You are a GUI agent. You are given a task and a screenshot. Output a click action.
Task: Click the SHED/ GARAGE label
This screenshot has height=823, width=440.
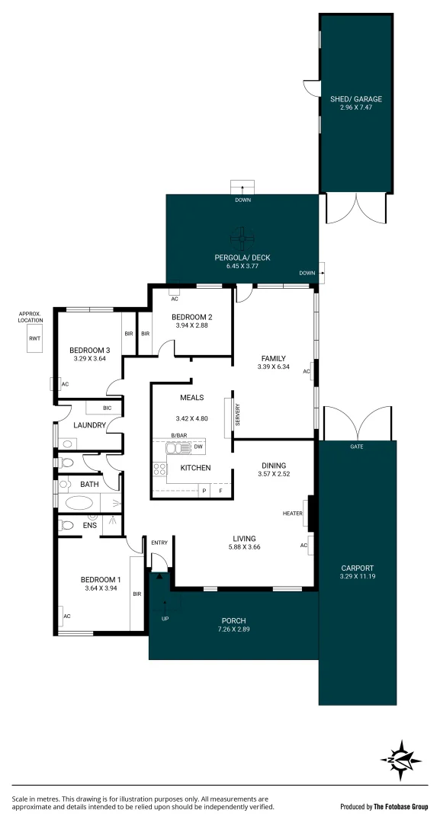[x=356, y=99]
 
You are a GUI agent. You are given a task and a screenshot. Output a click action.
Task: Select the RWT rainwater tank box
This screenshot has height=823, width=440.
[x=35, y=338]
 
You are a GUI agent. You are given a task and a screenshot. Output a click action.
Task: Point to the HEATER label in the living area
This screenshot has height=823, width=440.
[x=293, y=514]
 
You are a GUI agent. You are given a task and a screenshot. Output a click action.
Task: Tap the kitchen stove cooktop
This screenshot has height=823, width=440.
[x=160, y=469]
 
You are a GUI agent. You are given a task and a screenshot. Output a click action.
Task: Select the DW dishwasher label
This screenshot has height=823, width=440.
[x=197, y=447]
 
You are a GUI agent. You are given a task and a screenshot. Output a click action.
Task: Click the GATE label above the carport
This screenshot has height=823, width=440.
[x=356, y=447]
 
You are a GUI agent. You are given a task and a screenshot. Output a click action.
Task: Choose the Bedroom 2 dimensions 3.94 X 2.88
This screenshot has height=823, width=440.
[x=191, y=325]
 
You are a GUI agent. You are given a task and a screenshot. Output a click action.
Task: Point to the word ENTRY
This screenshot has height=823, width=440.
[x=159, y=543]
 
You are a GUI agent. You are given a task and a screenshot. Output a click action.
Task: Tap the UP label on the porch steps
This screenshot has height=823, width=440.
[x=165, y=618]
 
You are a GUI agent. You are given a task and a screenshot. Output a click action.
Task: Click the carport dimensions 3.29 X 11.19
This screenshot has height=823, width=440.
[x=357, y=577]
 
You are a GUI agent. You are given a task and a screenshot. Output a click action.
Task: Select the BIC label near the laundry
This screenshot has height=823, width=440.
[x=107, y=408]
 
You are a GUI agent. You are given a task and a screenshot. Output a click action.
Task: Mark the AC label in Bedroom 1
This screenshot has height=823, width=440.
[x=67, y=616]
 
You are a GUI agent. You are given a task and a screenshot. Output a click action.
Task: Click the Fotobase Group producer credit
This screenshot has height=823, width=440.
[x=384, y=806]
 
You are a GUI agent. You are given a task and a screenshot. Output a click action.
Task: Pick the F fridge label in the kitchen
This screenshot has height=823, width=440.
[x=221, y=492]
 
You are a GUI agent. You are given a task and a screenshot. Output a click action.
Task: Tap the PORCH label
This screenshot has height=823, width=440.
[x=234, y=620]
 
